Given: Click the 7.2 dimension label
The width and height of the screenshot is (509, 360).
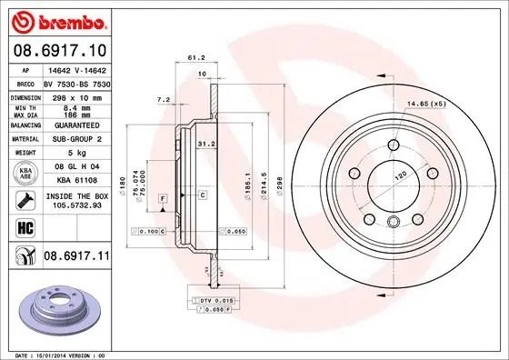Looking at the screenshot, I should [x=165, y=98].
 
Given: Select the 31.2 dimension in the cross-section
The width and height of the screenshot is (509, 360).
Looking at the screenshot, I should [x=205, y=143].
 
